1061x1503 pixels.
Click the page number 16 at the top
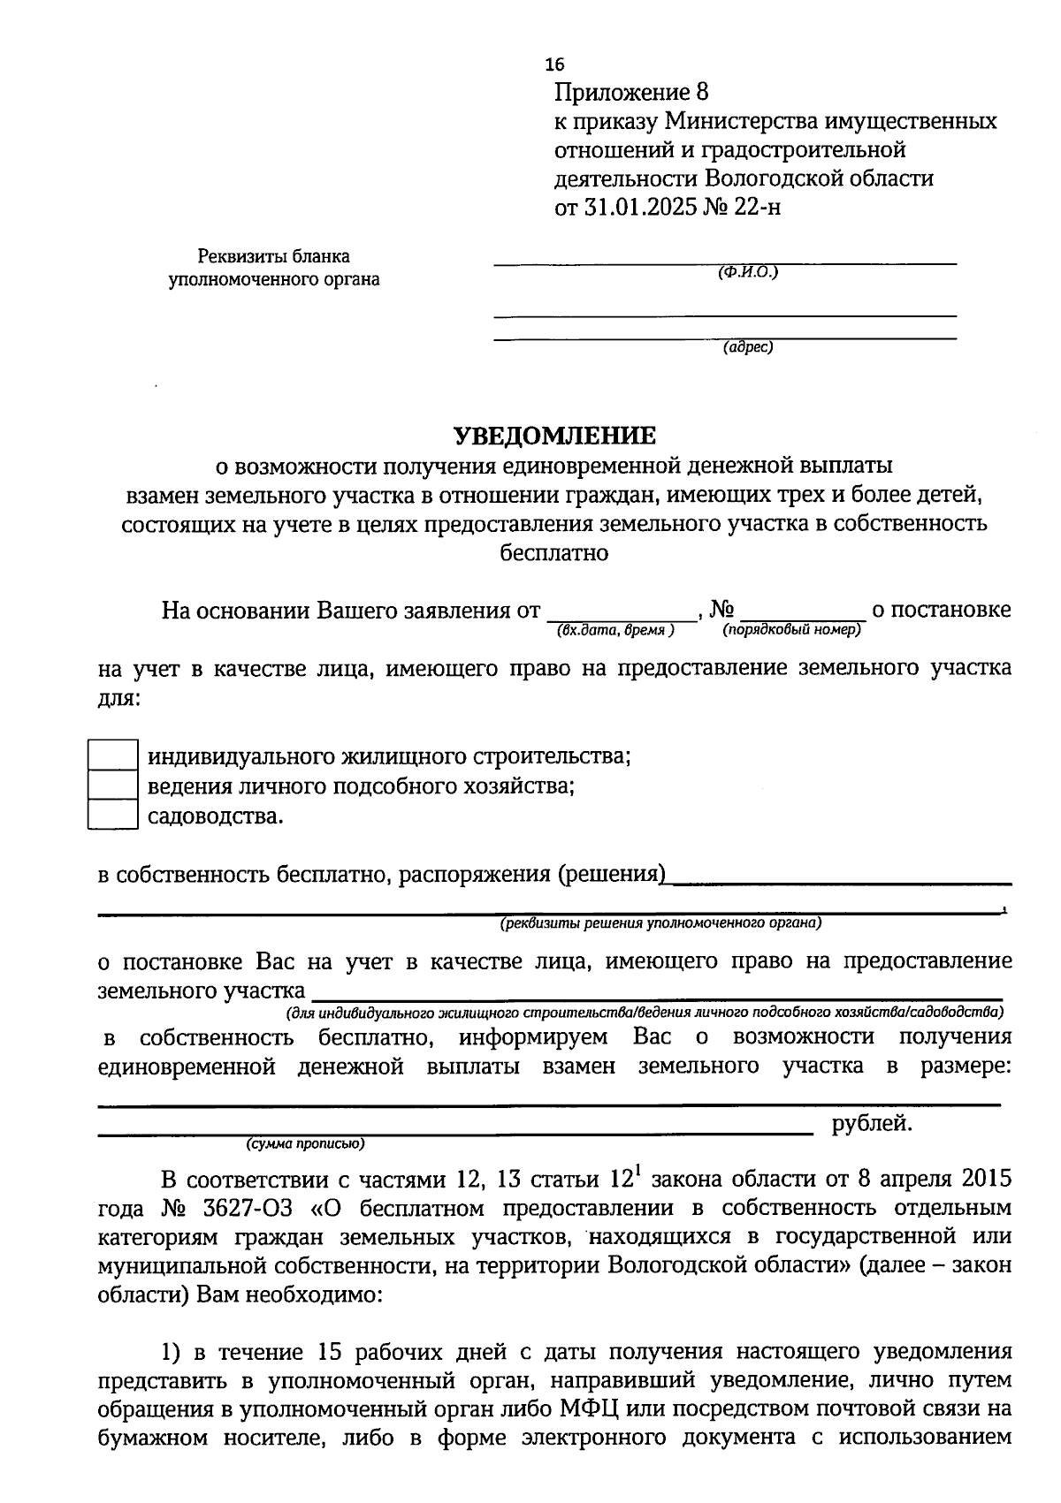click(x=554, y=65)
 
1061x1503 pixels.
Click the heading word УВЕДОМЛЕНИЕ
click(x=555, y=436)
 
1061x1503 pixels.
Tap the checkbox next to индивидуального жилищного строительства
click(x=112, y=755)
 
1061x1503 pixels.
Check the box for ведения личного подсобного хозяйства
click(x=112, y=785)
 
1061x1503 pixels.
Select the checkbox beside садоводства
click(x=112, y=814)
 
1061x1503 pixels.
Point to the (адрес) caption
click(x=748, y=347)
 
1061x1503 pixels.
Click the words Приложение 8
click(x=631, y=92)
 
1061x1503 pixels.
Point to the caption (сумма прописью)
click(x=305, y=1143)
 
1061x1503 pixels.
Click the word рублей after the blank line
click(x=872, y=1124)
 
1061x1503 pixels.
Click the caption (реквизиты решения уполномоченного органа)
click(x=660, y=924)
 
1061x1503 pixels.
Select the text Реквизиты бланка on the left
click(x=274, y=257)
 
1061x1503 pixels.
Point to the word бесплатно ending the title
click(x=554, y=553)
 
